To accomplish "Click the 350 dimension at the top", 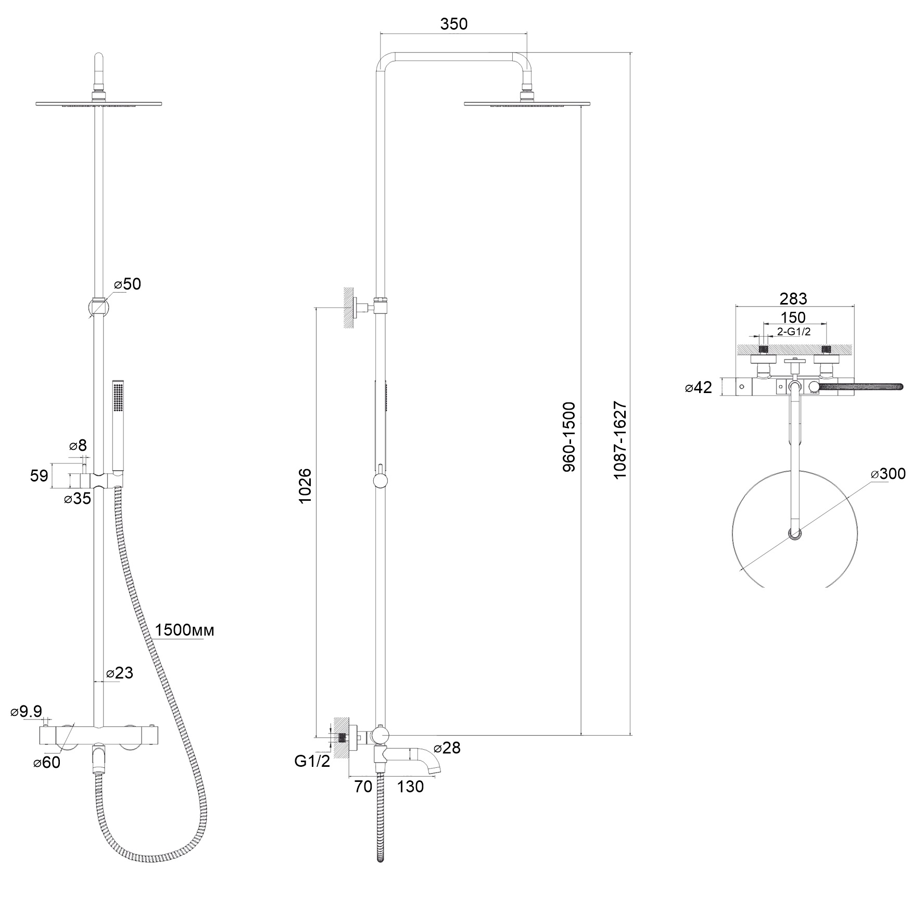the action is click(454, 24).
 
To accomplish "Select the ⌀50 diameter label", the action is click(127, 284).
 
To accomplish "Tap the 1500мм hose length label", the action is click(185, 630).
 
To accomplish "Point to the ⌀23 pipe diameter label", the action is click(120, 673).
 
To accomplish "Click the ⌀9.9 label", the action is click(27, 712).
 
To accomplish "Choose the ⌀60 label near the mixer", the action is click(47, 763).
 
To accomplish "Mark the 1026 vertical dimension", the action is click(305, 486).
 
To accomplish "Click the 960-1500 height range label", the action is click(569, 437).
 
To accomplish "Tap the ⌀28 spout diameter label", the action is click(447, 748).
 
